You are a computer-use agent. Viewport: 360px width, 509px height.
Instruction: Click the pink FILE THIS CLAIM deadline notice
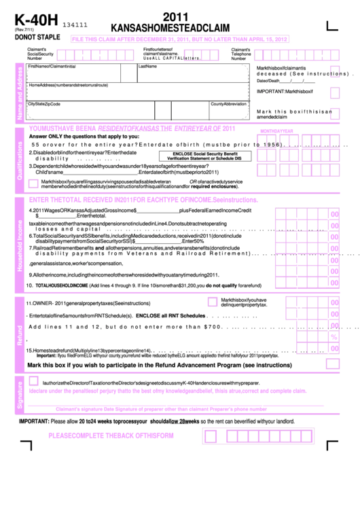(179, 39)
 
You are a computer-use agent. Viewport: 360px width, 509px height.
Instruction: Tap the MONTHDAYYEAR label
(276, 130)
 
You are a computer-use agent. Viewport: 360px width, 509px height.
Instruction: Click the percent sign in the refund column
(334, 336)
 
